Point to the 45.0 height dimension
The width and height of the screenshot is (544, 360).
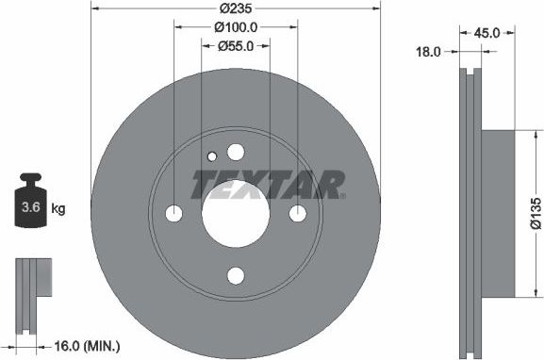(x=486, y=33)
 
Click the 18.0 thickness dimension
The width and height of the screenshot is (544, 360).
(x=429, y=54)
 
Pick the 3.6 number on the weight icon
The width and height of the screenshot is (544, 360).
(x=30, y=205)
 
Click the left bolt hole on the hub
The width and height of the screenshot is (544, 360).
(x=173, y=214)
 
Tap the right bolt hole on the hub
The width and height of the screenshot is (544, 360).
(x=297, y=214)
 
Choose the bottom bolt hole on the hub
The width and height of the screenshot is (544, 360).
(x=235, y=276)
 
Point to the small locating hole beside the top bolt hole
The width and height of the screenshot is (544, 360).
(x=214, y=156)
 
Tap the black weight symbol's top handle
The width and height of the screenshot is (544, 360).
(x=29, y=178)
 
